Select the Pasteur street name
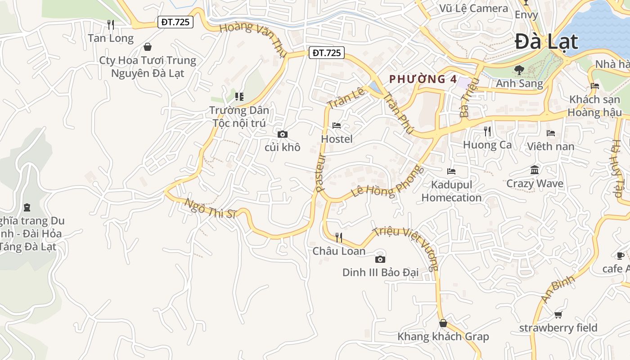320,173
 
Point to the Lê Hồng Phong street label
388,182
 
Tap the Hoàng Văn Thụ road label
253,39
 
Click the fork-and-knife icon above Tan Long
111,24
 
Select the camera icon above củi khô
283,134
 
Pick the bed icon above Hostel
337,126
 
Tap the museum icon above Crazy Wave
535,170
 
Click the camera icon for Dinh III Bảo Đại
380,259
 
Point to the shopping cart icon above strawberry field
558,315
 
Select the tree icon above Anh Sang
519,70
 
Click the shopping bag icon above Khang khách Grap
443,323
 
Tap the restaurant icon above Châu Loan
339,237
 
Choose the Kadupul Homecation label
451,191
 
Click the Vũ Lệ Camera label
473,8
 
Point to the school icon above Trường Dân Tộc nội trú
239,96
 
